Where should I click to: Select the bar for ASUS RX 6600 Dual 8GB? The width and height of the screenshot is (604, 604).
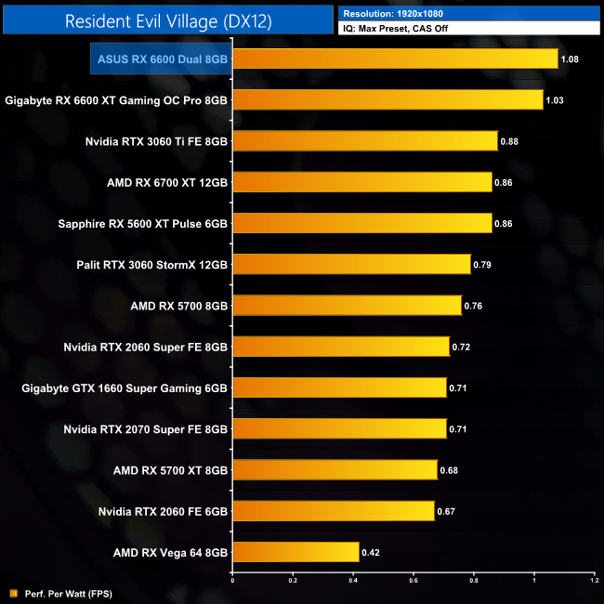coord(394,59)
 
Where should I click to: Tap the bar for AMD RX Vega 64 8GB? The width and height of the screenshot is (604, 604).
coord(295,552)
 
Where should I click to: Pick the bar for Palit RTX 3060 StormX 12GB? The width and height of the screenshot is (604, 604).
coord(351,265)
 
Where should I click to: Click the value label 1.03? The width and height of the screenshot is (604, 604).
coord(557,100)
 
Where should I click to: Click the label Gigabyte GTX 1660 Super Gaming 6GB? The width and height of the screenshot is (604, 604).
coord(125,387)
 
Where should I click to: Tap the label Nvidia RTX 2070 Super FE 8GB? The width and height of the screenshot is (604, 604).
coord(146,428)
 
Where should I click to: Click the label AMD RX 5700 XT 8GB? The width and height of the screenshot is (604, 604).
coord(169,470)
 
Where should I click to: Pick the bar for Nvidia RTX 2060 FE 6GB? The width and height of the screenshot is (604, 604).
coord(333,511)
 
